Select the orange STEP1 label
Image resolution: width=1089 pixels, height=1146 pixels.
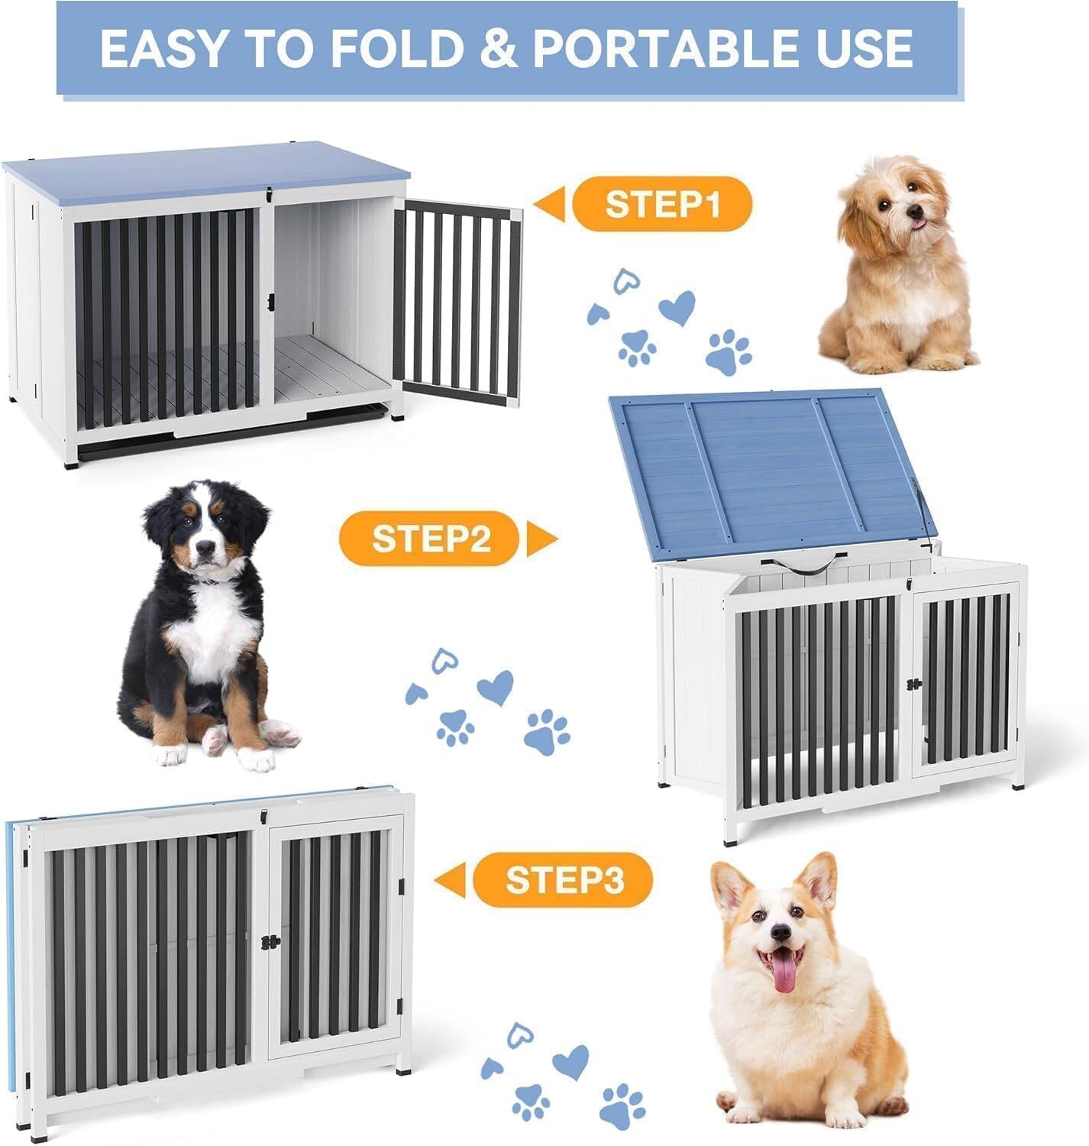click(662, 204)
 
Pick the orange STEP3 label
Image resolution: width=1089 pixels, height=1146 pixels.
click(564, 880)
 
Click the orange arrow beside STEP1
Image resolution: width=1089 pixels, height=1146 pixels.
click(550, 205)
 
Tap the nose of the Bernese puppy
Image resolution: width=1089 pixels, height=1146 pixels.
click(204, 547)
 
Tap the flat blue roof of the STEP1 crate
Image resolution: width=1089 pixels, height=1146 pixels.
click(206, 169)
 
